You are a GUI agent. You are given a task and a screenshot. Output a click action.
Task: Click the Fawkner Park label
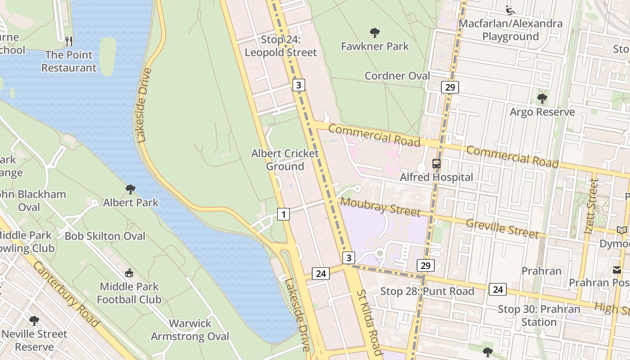click(x=375, y=46)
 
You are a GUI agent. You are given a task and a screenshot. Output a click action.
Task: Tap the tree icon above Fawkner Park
click(x=374, y=32)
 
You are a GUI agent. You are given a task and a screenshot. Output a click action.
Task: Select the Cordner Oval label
click(x=397, y=76)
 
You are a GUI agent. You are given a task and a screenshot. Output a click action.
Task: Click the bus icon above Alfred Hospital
click(x=436, y=164)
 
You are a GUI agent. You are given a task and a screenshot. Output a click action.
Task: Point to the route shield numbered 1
click(x=283, y=214)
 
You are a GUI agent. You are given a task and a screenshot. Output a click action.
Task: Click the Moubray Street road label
click(x=380, y=207)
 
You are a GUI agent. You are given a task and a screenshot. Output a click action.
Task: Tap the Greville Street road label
click(x=502, y=228)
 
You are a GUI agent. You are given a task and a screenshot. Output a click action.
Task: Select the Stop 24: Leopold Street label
click(x=281, y=46)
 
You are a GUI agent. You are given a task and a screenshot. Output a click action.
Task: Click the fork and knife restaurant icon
click(x=69, y=41)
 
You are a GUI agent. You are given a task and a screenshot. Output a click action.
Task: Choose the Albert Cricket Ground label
click(x=285, y=160)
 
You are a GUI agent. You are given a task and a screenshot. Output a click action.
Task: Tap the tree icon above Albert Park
click(x=130, y=189)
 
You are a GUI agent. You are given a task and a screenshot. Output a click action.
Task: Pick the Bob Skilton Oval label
click(x=105, y=236)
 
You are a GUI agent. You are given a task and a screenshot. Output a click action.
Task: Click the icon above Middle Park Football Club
click(x=129, y=273)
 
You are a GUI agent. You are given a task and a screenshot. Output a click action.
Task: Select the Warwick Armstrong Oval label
click(x=190, y=330)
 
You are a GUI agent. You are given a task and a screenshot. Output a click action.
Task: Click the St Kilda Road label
click(x=369, y=323)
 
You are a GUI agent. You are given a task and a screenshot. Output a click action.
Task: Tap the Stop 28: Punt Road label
click(x=427, y=291)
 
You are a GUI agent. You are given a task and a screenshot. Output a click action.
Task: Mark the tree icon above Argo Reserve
click(x=542, y=98)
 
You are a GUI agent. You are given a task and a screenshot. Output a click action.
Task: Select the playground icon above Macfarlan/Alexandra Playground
click(x=509, y=9)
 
